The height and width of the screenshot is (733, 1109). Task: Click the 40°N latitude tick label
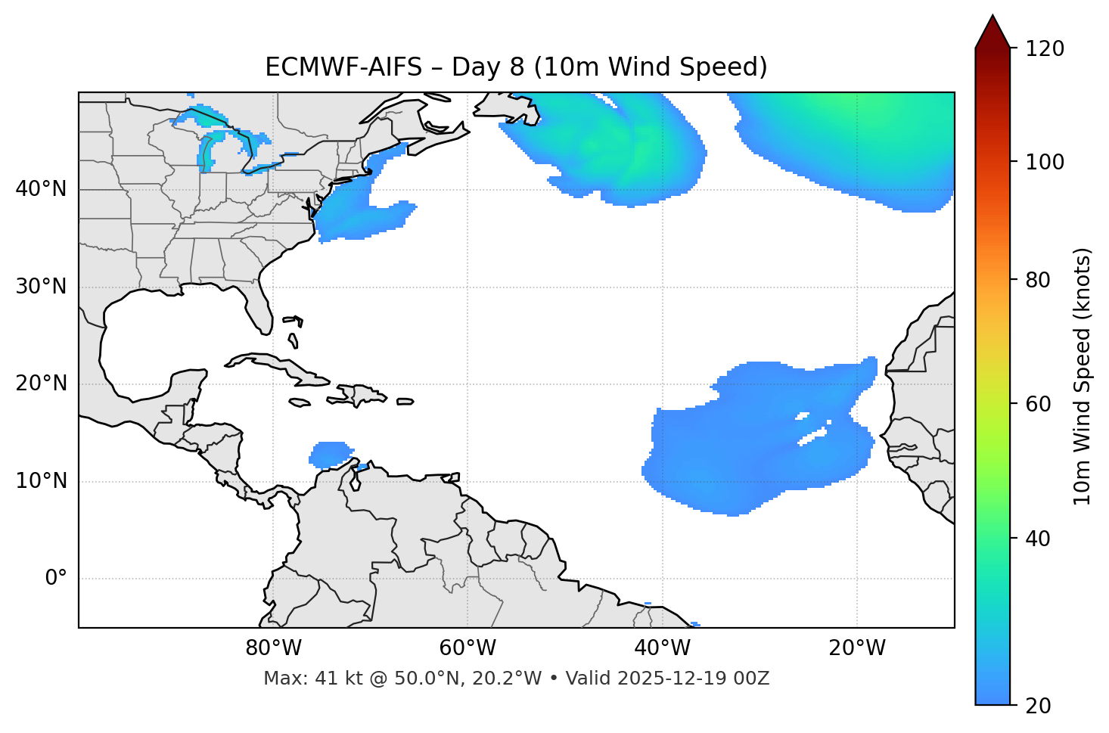click(x=41, y=189)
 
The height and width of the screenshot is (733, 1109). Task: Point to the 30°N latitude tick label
click(x=41, y=287)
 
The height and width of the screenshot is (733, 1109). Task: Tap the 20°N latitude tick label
click(x=41, y=384)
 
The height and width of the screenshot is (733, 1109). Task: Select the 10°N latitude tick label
click(x=41, y=481)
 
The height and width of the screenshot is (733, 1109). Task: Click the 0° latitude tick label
click(x=56, y=579)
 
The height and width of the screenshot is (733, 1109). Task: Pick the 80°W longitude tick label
click(x=273, y=648)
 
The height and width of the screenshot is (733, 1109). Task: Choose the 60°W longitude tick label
click(x=468, y=648)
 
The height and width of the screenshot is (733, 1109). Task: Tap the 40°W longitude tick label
click(x=663, y=648)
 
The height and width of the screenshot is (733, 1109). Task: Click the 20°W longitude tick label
click(x=857, y=648)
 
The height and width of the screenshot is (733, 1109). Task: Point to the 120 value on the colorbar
click(x=1045, y=49)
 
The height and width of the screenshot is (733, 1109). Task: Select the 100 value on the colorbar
click(x=1045, y=162)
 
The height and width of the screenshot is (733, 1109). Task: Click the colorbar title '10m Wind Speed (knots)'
click(x=1083, y=376)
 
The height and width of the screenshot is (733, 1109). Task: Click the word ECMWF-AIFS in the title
click(x=343, y=67)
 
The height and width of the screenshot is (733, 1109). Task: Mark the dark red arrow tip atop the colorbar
click(x=992, y=30)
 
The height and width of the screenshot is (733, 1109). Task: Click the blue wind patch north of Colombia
click(x=331, y=453)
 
